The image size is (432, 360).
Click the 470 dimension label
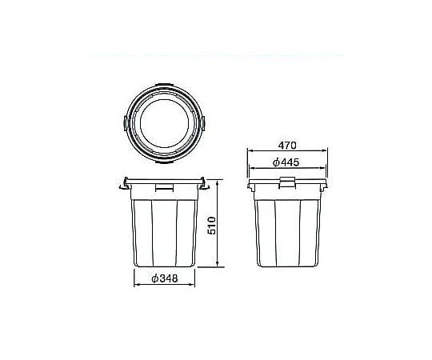287,145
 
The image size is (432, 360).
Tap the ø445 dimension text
286,162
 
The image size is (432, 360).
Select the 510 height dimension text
211,226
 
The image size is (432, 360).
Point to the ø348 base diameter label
165,278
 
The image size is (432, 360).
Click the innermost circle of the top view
140,124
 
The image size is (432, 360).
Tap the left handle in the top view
126,123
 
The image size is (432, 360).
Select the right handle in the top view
203,123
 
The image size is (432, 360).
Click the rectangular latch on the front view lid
165,187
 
